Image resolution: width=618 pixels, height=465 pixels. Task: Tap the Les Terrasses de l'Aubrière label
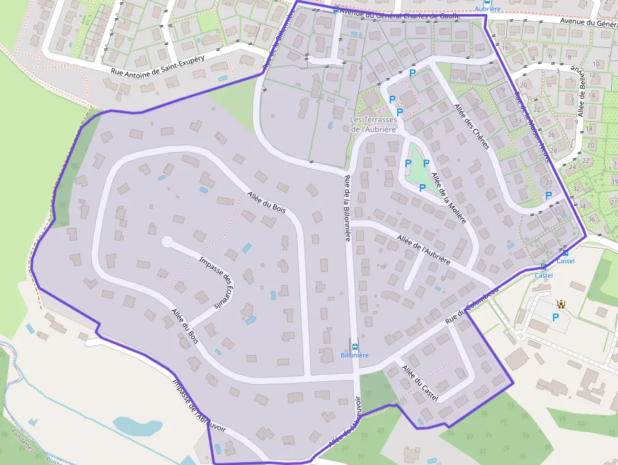click(374, 124)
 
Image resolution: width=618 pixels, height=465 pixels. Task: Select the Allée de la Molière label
click(450, 199)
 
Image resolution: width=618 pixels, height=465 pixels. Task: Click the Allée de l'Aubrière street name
click(424, 249)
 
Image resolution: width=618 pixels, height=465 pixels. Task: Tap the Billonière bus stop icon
click(354, 346)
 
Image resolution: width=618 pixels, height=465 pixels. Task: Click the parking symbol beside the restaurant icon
click(556, 317)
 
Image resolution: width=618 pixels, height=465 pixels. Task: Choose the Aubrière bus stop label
click(487, 9)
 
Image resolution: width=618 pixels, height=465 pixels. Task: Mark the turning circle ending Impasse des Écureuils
click(167, 241)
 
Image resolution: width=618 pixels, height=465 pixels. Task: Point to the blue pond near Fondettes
click(137, 427)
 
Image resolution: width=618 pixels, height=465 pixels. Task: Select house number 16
click(505, 48)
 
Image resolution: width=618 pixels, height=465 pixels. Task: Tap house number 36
click(591, 219)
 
